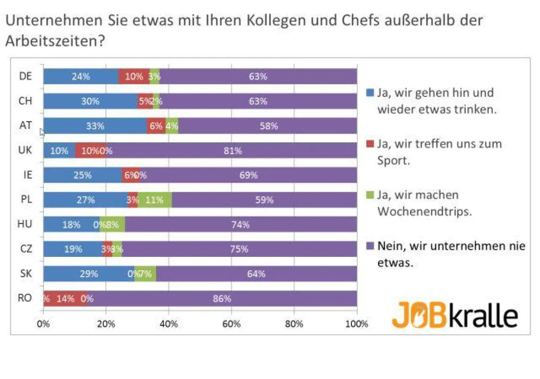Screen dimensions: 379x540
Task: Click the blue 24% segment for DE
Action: click(x=81, y=76)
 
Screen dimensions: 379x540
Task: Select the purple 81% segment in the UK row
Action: click(x=232, y=150)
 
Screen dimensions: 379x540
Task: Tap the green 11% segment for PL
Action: click(x=154, y=200)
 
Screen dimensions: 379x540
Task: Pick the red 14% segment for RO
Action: click(x=65, y=299)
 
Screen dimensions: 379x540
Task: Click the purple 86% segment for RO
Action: click(x=222, y=299)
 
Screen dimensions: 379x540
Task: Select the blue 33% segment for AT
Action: click(x=95, y=126)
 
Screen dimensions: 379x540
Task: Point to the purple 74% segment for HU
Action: click(x=240, y=225)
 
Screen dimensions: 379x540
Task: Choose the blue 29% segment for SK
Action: click(x=89, y=274)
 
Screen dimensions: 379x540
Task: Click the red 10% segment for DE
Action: click(x=134, y=76)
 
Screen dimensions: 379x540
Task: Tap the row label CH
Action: click(x=26, y=101)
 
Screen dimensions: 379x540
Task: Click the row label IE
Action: click(x=27, y=175)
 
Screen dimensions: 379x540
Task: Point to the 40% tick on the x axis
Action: click(x=169, y=324)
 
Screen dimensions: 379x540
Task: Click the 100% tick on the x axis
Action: click(x=357, y=324)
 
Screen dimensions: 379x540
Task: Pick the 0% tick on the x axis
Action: click(x=43, y=324)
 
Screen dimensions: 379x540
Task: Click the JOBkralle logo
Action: click(x=454, y=315)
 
